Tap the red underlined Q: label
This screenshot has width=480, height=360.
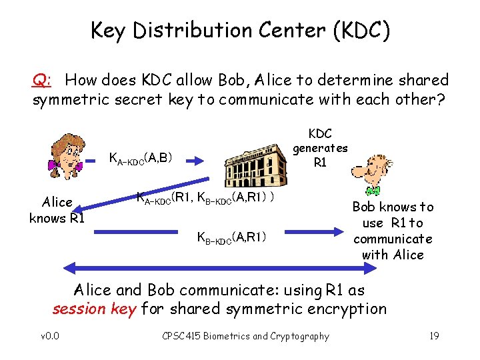41,81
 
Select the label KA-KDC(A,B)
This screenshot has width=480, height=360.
141,159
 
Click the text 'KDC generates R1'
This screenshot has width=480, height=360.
321,147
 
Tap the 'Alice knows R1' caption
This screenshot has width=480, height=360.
57,210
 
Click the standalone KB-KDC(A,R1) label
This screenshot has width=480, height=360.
230,236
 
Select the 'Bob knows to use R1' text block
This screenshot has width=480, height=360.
393,231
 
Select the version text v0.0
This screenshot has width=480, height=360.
50,336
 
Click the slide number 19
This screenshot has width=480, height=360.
433,336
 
